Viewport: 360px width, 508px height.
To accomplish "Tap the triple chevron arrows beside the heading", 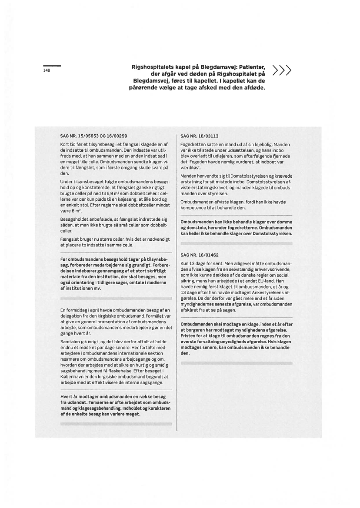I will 281,70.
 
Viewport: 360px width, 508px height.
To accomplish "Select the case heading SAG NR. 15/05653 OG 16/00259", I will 93,136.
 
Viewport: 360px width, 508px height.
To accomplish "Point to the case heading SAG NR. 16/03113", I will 200,136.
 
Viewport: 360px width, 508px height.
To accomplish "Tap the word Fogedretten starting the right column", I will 193,144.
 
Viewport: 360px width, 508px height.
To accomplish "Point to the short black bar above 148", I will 52,65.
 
